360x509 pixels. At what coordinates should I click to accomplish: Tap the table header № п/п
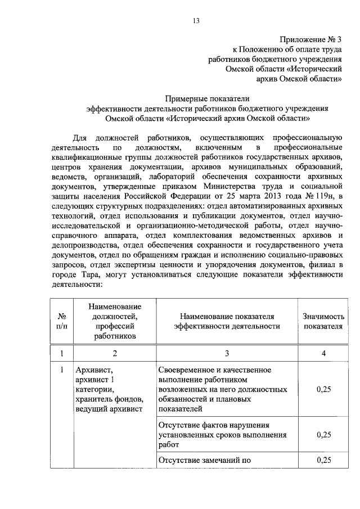pyautogui.click(x=62, y=321)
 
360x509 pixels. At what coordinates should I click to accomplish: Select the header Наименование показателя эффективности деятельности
pyautogui.click(x=227, y=321)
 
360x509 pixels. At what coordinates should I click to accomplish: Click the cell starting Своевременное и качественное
pyautogui.click(x=223, y=389)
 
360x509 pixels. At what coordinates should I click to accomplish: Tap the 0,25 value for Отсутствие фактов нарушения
pyautogui.click(x=323, y=434)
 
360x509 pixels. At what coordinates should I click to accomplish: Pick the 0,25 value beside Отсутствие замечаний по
pyautogui.click(x=323, y=460)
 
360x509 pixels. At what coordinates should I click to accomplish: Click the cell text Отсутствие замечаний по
pyautogui.click(x=205, y=460)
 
